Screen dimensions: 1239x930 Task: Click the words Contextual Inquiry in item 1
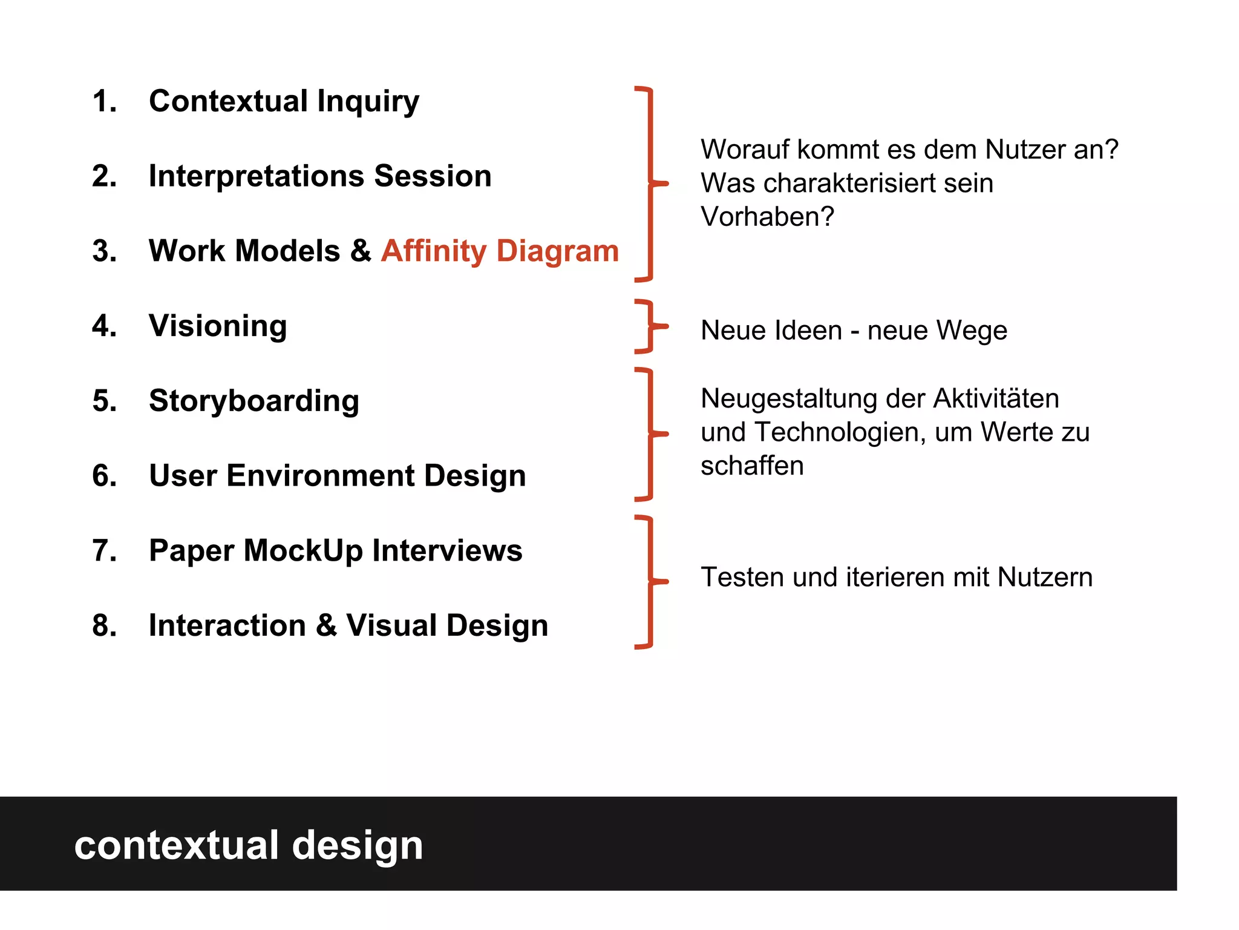coord(284,101)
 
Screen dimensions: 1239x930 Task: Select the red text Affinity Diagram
coord(500,251)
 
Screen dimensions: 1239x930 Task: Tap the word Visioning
coord(218,326)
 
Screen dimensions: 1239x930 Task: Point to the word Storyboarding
coord(254,401)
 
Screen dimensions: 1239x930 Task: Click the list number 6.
coord(104,476)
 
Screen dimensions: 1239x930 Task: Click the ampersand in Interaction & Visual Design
coord(326,625)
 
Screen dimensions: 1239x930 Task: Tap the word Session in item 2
coord(433,176)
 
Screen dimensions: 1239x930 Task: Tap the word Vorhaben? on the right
coord(767,217)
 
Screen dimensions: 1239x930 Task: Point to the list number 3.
coord(104,251)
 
